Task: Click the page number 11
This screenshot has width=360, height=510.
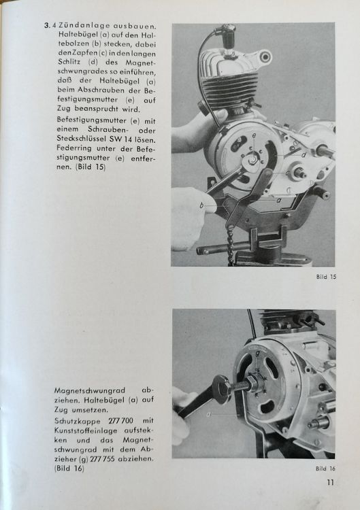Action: [329, 484]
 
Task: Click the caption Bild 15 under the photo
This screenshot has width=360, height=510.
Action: [325, 277]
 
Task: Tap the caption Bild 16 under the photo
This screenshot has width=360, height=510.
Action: [325, 469]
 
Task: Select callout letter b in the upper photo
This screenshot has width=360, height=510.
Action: [202, 204]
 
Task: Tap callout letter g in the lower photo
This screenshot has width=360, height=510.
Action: [257, 353]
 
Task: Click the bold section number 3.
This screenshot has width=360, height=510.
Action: [47, 26]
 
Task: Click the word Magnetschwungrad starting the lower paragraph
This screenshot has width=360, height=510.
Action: [85, 392]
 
